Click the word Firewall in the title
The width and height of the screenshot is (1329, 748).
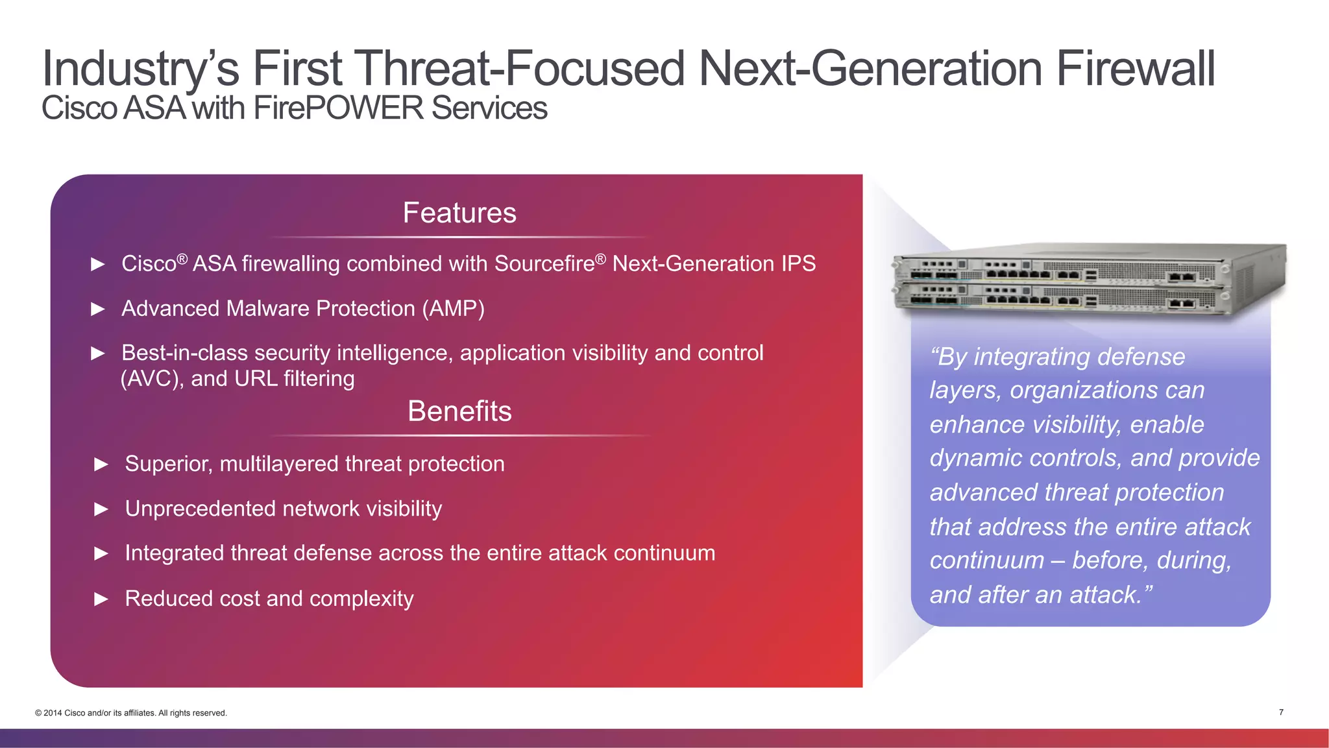pyautogui.click(x=1135, y=69)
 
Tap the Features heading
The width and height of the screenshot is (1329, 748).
pyautogui.click(x=459, y=213)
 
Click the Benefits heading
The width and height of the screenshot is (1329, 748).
pyautogui.click(x=459, y=411)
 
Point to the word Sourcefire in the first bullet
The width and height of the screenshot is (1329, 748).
pyautogui.click(x=544, y=264)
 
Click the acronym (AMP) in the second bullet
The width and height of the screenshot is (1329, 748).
pyautogui.click(x=453, y=309)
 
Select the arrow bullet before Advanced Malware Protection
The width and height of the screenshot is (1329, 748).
pyautogui.click(x=98, y=309)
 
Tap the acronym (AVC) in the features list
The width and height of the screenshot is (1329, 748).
pyautogui.click(x=152, y=379)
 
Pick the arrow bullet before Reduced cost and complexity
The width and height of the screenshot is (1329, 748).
pyautogui.click(x=101, y=599)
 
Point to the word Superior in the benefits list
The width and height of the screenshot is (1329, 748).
pyautogui.click(x=168, y=464)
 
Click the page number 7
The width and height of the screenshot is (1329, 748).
pyautogui.click(x=1281, y=712)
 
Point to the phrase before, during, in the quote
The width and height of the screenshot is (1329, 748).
pyautogui.click(x=1151, y=561)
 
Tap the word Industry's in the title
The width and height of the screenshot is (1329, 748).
pyautogui.click(x=140, y=69)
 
